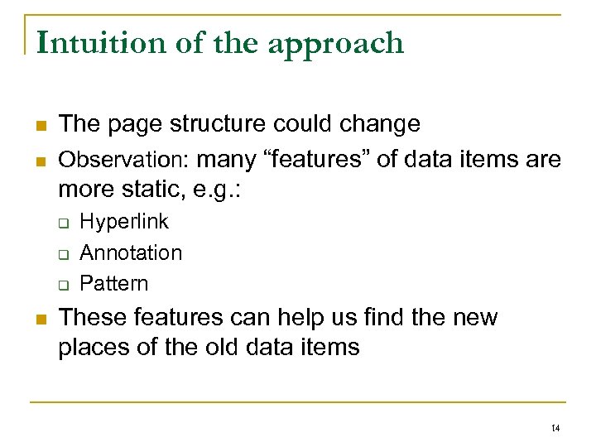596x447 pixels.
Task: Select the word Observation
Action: (x=124, y=158)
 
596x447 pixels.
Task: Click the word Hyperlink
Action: (x=124, y=222)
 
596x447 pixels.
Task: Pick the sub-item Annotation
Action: (x=131, y=252)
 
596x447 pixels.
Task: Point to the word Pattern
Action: (x=114, y=283)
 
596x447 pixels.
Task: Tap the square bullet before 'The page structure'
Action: (x=38, y=125)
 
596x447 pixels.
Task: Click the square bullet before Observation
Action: (x=38, y=159)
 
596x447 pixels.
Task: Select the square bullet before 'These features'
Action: (x=38, y=318)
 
